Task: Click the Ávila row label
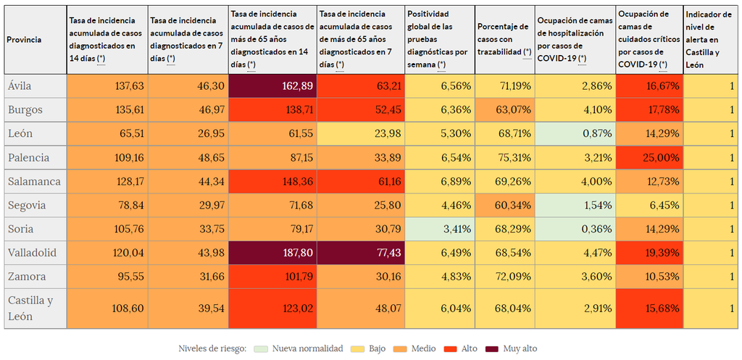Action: pos(20,86)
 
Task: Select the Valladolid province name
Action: pos(30,253)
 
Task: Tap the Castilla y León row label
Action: pos(30,308)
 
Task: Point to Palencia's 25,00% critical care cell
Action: pos(649,157)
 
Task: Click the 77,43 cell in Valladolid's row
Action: pos(360,253)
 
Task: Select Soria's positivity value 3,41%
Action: pos(439,229)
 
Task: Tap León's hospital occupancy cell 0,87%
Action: pos(575,133)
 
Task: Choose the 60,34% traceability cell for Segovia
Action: pos(504,205)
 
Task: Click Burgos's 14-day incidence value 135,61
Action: pos(107,110)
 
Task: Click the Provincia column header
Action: pos(24,40)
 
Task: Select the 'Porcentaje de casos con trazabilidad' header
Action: pos(504,40)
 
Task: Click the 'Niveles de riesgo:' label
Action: pos(213,349)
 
